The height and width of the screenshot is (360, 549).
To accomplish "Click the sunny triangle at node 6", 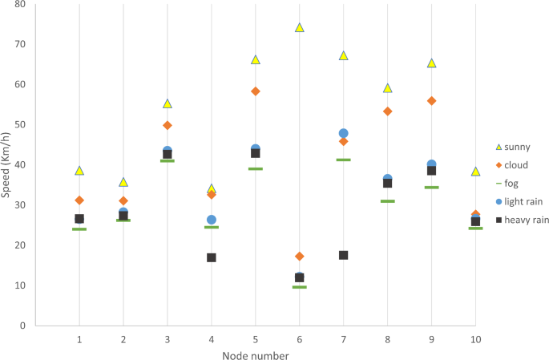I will coord(300,27).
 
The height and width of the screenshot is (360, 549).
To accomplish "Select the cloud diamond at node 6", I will coord(300,257).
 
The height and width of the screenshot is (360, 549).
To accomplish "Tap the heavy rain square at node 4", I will coord(212,257).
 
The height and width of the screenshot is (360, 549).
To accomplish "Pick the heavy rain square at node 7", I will coord(344,255).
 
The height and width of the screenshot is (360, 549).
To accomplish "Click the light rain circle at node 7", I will coord(344,133).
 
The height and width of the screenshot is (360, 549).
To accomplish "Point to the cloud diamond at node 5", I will coord(256,91).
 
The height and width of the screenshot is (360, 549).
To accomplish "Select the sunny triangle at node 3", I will coord(168,103).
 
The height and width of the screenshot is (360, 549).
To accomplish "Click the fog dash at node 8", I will coord(388,201).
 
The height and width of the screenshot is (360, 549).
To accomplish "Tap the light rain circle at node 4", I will coord(212,220).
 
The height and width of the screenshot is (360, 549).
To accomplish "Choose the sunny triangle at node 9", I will coord(432,63).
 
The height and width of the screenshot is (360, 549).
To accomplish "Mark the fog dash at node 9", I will coord(432,188).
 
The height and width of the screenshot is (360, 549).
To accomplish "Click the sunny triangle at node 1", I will coord(79,170).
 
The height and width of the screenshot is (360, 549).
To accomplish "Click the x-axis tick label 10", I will coord(476,340).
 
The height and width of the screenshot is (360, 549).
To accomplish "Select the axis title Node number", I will coord(256,355).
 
